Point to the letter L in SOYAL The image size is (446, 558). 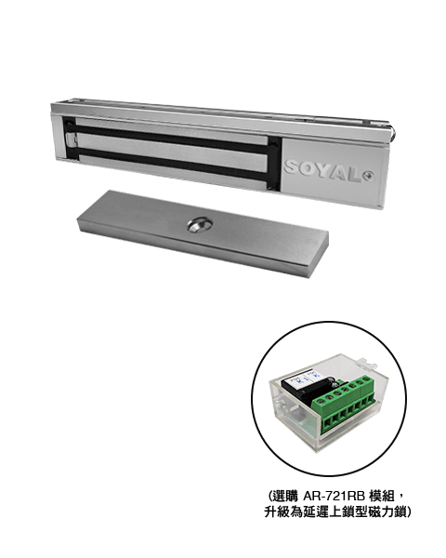click(357, 176)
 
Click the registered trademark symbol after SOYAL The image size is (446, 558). click(370, 176)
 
